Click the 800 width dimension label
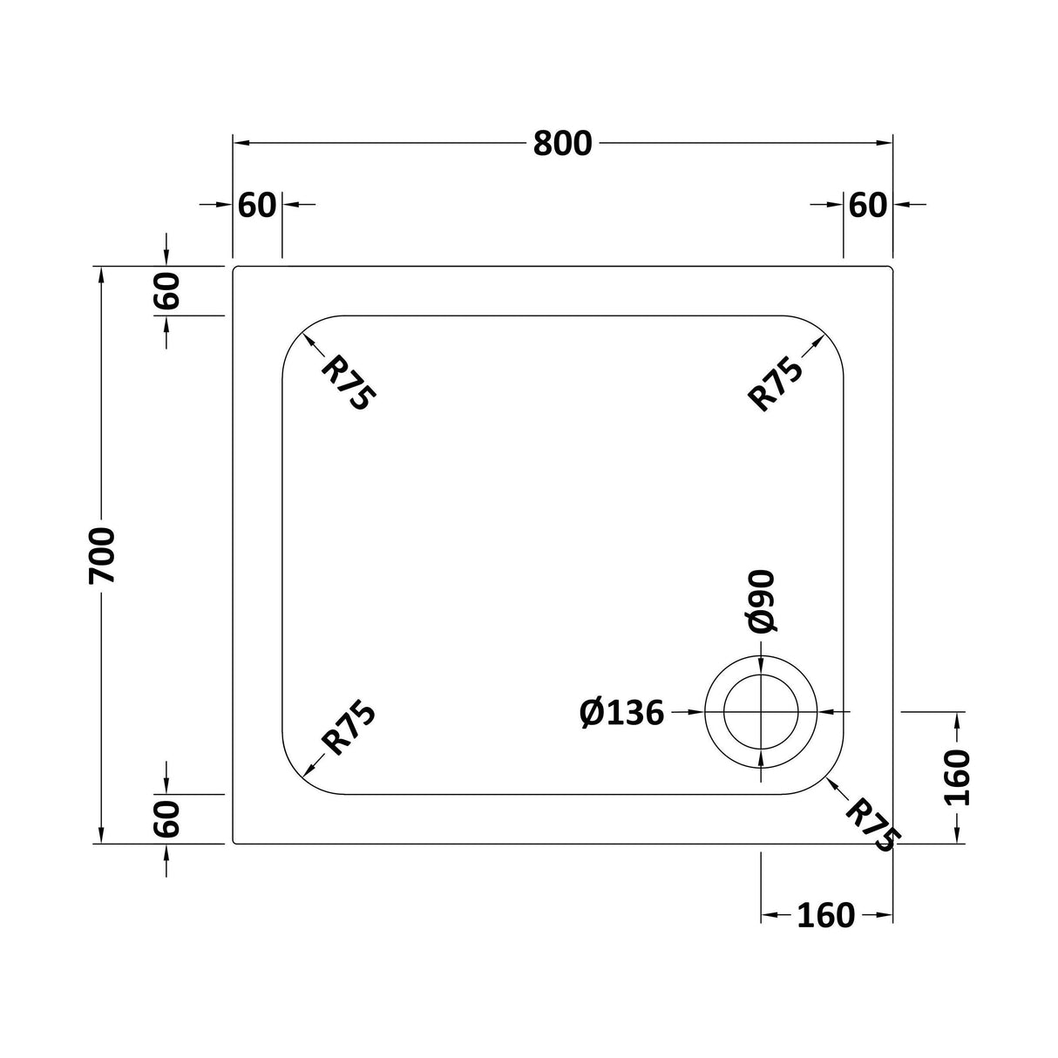(563, 144)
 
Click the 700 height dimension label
(102, 555)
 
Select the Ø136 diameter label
(621, 714)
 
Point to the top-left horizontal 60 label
(257, 206)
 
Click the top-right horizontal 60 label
(868, 206)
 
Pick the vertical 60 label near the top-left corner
(166, 290)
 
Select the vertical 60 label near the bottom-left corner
(166, 818)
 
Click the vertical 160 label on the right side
(957, 777)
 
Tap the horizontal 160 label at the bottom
(826, 915)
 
